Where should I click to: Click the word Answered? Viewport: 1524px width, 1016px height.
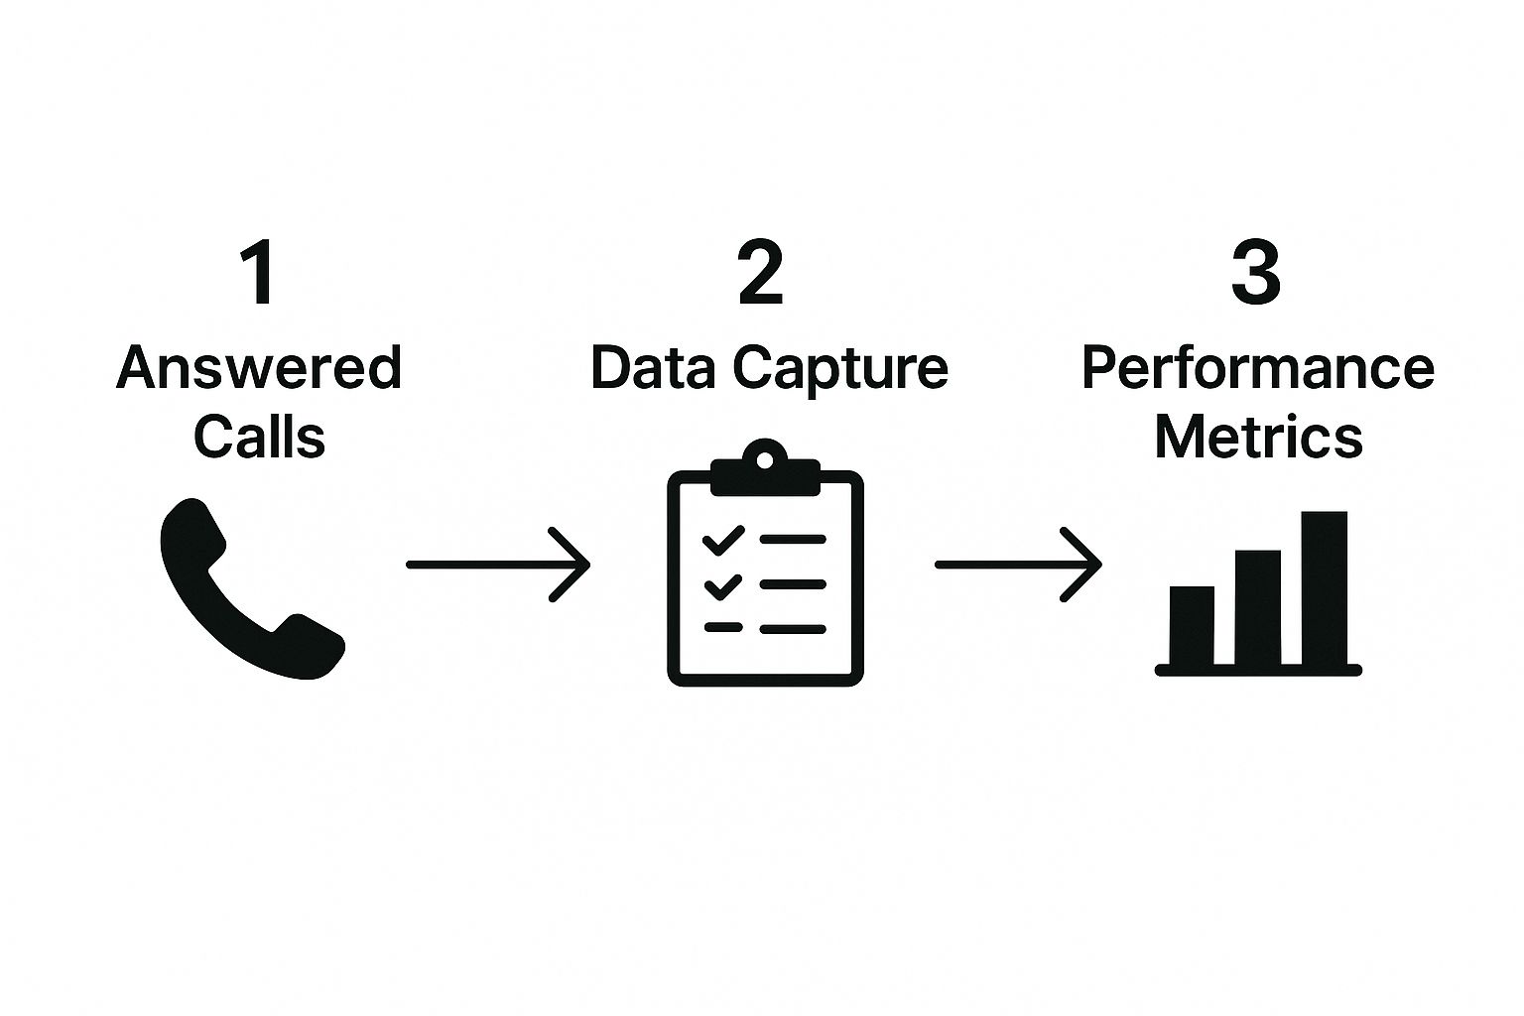click(x=259, y=368)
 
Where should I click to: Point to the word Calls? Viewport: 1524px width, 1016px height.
click(x=259, y=437)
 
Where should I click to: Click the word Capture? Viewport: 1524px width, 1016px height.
click(x=840, y=370)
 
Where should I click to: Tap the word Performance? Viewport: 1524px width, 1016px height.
click(x=1257, y=368)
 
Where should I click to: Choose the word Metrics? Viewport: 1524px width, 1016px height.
click(x=1258, y=437)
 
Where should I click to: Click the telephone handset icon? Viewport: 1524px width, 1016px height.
click(x=248, y=590)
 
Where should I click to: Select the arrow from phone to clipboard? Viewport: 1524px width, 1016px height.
click(x=498, y=565)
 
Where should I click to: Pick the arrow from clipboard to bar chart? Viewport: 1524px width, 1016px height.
click(x=1018, y=565)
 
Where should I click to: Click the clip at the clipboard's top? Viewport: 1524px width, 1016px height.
click(x=765, y=470)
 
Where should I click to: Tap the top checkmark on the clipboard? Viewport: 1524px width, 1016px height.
click(x=722, y=541)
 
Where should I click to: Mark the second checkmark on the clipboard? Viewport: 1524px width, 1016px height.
click(x=722, y=586)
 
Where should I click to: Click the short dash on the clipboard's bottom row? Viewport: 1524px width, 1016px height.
click(x=722, y=628)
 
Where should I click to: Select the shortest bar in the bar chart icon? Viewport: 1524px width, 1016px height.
click(x=1192, y=625)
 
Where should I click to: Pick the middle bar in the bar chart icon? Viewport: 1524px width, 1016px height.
click(x=1257, y=607)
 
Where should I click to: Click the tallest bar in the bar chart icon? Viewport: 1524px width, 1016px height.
click(x=1324, y=587)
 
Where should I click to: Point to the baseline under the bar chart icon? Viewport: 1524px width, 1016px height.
click(x=1258, y=671)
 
